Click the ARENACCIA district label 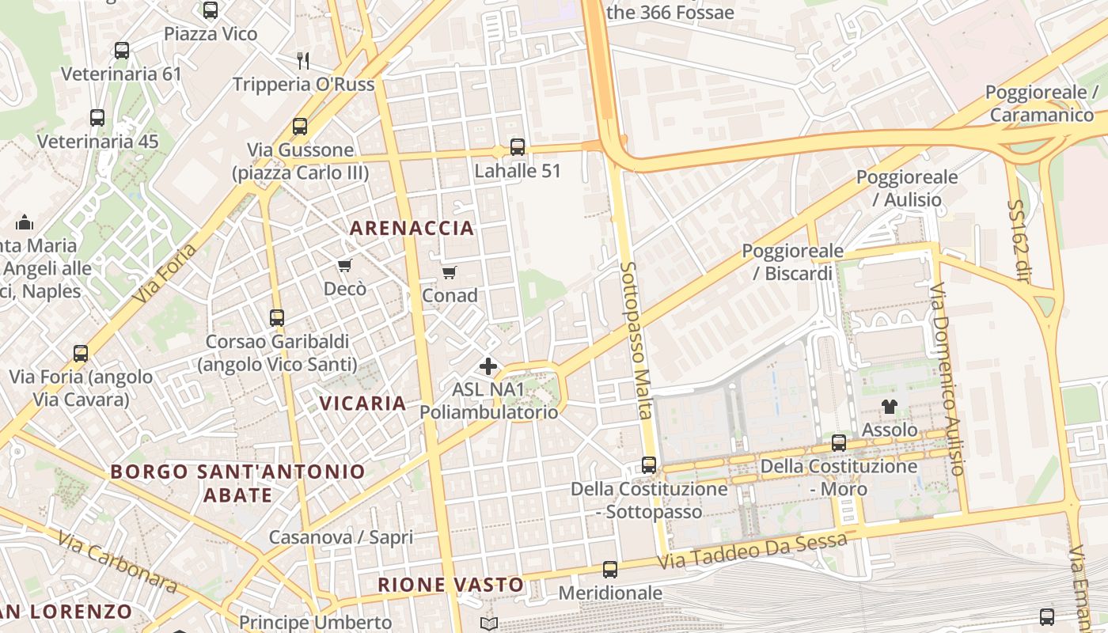click(412, 229)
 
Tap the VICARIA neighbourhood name click(362, 403)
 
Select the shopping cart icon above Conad click(450, 273)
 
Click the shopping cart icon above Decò click(344, 265)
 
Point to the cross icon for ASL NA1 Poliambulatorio click(488, 366)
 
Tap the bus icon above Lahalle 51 click(517, 147)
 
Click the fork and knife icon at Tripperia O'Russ click(302, 60)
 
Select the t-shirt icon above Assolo click(890, 407)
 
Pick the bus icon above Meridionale click(610, 569)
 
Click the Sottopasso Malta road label click(638, 340)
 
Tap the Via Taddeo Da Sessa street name click(753, 552)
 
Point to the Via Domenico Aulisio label click(947, 379)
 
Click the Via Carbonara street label click(117, 562)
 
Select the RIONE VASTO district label click(450, 586)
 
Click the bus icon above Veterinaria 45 click(97, 118)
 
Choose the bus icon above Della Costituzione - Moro click(839, 443)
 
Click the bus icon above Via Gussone click(299, 127)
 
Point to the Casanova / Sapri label click(341, 537)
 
